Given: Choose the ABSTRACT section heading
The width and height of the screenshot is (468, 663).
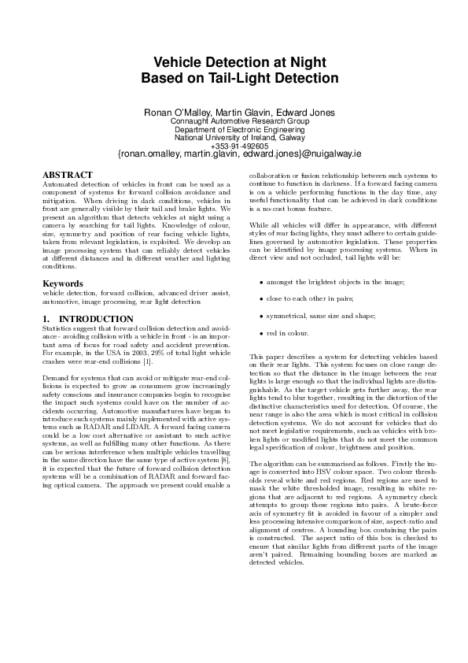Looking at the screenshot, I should tap(67, 175).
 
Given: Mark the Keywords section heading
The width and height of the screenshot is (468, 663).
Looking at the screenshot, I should tap(63, 283).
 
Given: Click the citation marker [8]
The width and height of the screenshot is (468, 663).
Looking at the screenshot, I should tap(224, 470).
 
